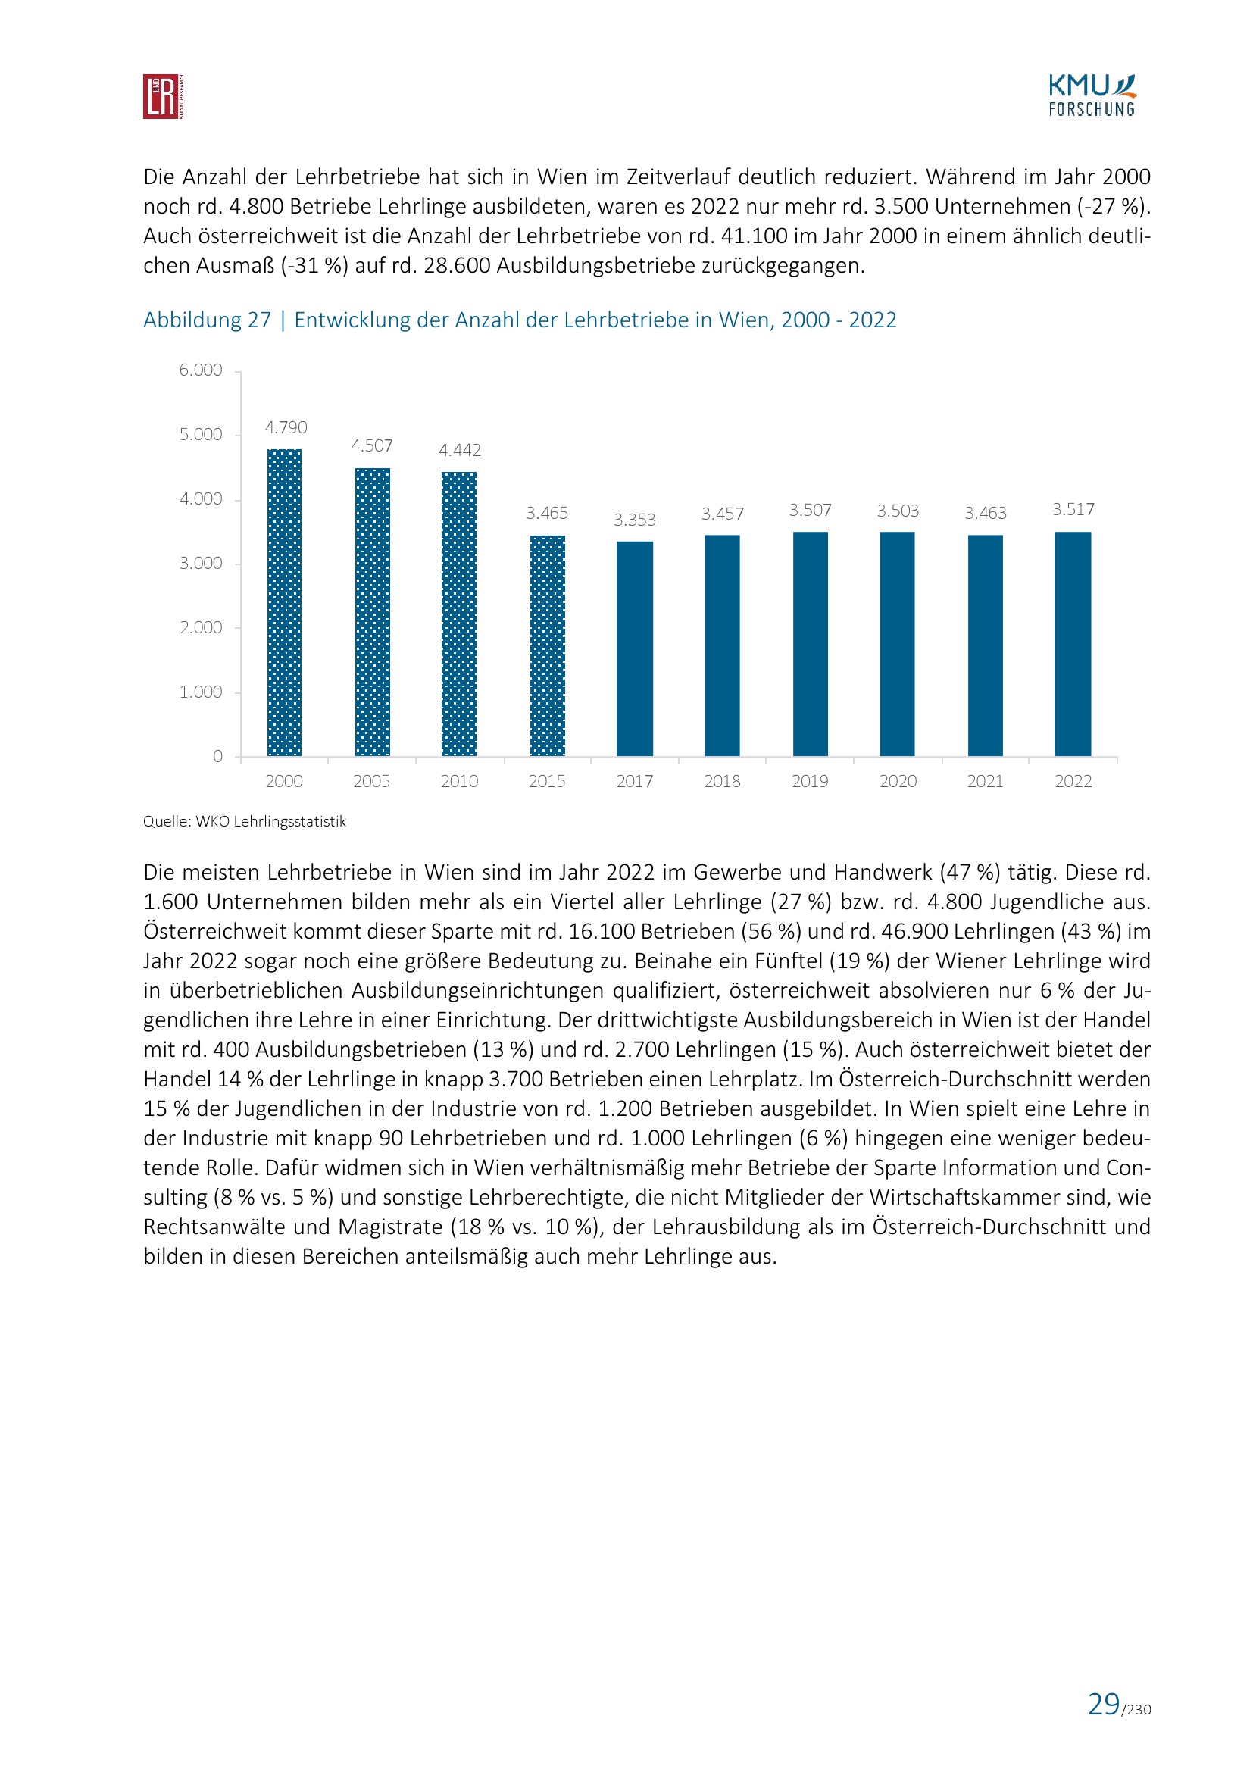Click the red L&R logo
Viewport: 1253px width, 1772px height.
[163, 96]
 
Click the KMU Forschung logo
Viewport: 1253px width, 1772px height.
[1091, 95]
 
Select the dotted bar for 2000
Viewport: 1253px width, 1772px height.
[284, 602]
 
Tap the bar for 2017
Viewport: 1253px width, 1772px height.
[634, 648]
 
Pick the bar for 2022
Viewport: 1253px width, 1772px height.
[1073, 644]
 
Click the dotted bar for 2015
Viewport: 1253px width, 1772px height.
[547, 645]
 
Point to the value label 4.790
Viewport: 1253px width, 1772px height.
[286, 427]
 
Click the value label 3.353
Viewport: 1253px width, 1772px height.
[634, 520]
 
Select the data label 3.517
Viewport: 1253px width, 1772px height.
[1073, 509]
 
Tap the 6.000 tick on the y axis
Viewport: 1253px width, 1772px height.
[201, 370]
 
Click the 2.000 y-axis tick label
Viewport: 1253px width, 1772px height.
[201, 627]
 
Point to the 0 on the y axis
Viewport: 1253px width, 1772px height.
[217, 756]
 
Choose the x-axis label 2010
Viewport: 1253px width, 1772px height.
[459, 781]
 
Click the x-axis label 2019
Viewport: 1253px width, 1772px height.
[809, 781]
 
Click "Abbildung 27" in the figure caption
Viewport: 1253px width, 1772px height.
[207, 320]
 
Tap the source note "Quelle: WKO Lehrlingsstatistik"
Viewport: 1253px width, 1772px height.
[245, 821]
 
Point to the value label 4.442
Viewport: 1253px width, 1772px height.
[459, 450]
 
